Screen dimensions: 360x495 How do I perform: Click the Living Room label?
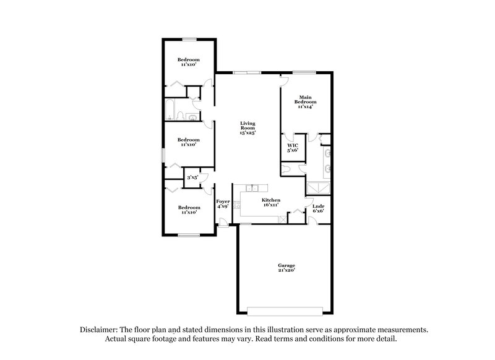point(247,128)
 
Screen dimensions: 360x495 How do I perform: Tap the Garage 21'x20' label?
point(286,268)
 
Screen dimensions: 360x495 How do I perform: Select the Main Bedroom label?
point(304,101)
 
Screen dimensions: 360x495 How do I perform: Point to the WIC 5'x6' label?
point(293,148)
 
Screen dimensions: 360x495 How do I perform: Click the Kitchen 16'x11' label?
point(271,203)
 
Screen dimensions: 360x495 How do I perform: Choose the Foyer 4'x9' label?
point(222,204)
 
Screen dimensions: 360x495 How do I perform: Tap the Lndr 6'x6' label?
point(318,208)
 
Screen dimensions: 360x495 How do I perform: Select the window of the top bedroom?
point(189,39)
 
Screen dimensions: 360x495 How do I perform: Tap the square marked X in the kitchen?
point(283,218)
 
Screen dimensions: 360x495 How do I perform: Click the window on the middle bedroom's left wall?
point(163,155)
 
